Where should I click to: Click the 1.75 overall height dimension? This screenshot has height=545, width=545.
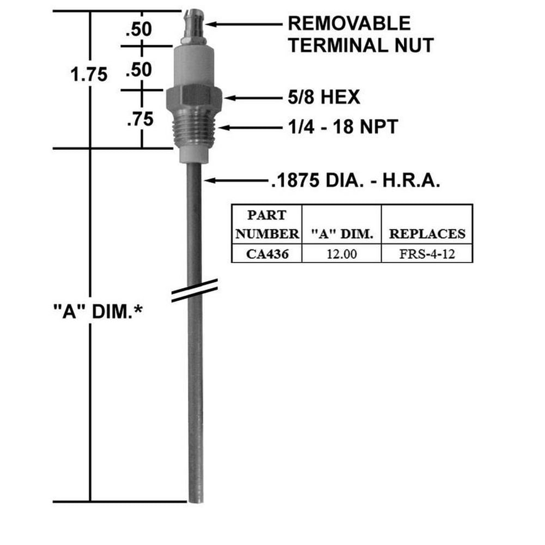[x=89, y=75]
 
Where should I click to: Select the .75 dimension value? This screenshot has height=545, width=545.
[x=140, y=118]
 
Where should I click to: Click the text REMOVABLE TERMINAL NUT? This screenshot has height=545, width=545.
[x=360, y=34]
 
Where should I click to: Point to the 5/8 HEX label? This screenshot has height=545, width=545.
[x=324, y=98]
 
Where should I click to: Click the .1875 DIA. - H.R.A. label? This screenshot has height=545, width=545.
[x=354, y=180]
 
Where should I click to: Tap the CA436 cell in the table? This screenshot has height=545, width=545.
[x=267, y=253]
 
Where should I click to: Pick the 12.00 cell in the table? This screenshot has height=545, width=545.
[x=342, y=253]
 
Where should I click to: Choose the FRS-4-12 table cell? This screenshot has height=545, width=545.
[x=426, y=253]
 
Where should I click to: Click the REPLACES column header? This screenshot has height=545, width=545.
[x=426, y=234]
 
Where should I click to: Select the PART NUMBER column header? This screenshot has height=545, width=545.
[x=267, y=225]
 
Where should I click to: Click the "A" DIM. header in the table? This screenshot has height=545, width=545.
[x=342, y=234]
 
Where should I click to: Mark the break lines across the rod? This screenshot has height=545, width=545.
[x=195, y=290]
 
